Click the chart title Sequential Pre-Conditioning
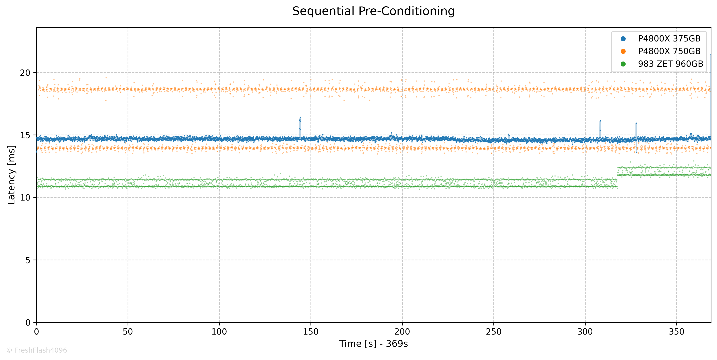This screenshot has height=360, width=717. [373, 11]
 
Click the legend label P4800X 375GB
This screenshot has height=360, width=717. [669, 39]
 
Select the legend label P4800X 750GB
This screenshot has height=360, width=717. [669, 51]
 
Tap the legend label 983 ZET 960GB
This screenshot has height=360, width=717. [671, 64]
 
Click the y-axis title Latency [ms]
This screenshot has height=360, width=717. [11, 175]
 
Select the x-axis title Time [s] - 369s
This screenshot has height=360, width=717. [373, 344]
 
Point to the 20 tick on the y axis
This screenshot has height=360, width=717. [25, 73]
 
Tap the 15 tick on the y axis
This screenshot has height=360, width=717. [25, 135]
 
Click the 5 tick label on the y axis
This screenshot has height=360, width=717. [28, 260]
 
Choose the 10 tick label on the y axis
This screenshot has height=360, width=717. [25, 198]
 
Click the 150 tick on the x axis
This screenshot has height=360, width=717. [311, 332]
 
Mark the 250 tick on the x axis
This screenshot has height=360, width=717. [493, 332]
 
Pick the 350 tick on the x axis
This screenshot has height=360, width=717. [676, 332]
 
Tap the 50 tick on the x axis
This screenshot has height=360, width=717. [128, 332]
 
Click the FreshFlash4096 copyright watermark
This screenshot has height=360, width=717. [37, 350]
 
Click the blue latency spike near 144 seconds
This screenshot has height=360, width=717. [300, 124]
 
